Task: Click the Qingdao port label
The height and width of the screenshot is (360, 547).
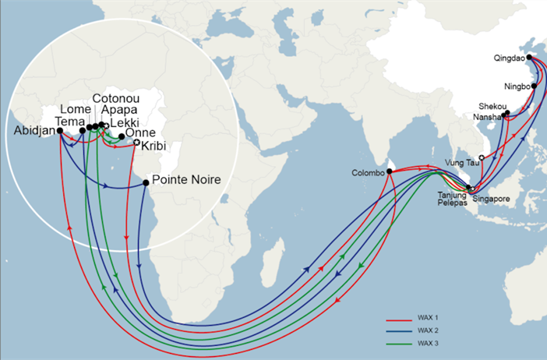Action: (x=510, y=58)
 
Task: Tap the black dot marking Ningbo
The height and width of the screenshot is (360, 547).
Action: (x=535, y=86)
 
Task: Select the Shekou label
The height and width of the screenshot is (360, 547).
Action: (x=492, y=107)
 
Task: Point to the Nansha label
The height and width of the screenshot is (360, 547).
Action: (x=487, y=117)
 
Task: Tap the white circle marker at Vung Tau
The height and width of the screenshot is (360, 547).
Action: (x=482, y=158)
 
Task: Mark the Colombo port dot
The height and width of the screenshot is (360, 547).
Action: (x=389, y=172)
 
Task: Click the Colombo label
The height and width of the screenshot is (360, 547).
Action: (x=368, y=173)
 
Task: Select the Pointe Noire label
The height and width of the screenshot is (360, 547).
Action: (x=186, y=180)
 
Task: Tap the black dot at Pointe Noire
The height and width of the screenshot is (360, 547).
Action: (x=146, y=183)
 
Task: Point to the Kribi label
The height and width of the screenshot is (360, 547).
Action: (x=156, y=146)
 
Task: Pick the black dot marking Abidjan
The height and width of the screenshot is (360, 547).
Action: (x=60, y=132)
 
